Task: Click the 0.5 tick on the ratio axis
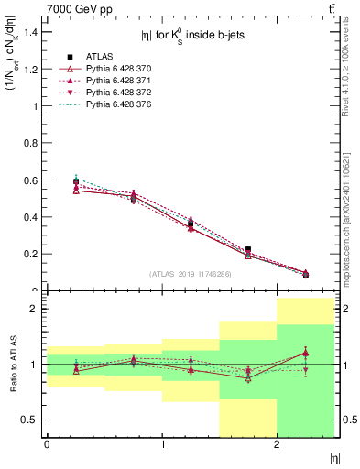pos(30,420)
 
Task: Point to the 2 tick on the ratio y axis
pos(35,309)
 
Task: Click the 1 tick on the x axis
pos(162,445)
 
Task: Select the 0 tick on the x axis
pos(47,445)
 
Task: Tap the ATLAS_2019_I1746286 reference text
pos(191,273)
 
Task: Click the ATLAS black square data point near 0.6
pos(76,181)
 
